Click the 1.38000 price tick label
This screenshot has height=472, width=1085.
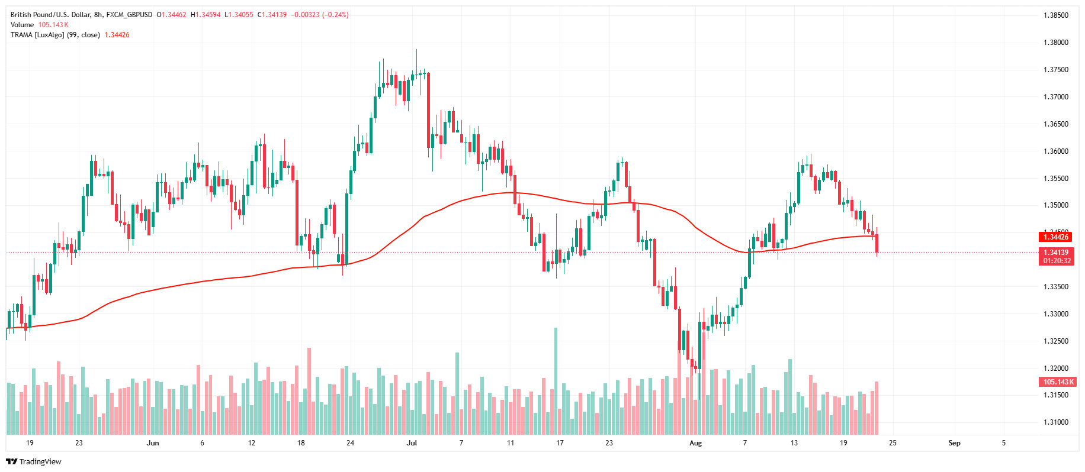coord(1055,43)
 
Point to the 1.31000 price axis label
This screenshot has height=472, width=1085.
coord(1055,422)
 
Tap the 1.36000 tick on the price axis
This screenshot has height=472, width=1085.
coord(1055,151)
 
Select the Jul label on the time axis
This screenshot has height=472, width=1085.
coord(412,443)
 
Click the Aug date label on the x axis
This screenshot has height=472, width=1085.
coord(695,443)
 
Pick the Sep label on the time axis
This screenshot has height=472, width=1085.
coord(954,443)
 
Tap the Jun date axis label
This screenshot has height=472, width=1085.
coord(153,443)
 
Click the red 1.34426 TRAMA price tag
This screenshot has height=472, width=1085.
coord(1055,237)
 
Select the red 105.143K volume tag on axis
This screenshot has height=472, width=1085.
coord(1058,382)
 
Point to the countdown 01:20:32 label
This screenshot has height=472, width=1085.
coord(1057,261)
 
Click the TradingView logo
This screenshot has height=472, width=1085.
coord(34,461)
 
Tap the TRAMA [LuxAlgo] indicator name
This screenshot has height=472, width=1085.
coord(37,35)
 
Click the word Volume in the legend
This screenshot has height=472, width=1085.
coord(22,25)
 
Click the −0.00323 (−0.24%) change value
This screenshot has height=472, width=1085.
coord(320,15)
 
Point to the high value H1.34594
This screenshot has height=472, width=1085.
coord(206,15)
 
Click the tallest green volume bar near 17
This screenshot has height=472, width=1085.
coord(556,379)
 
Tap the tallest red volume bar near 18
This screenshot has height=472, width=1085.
coord(309,390)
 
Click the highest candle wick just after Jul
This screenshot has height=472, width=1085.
coord(417,53)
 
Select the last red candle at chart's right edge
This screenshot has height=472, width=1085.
coord(877,244)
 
